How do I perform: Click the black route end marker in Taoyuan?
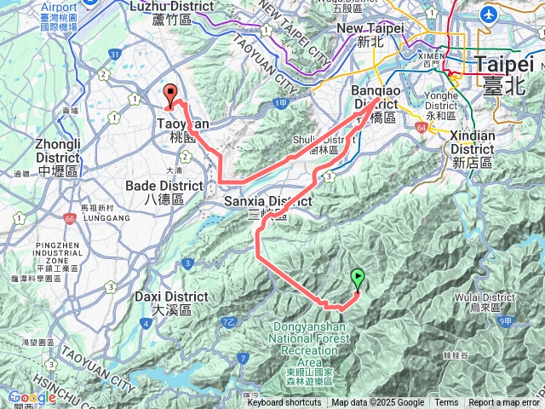170,96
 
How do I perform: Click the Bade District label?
163,192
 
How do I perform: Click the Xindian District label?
473,148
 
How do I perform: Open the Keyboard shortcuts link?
284,403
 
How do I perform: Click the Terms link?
445,403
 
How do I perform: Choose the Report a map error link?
503,403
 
